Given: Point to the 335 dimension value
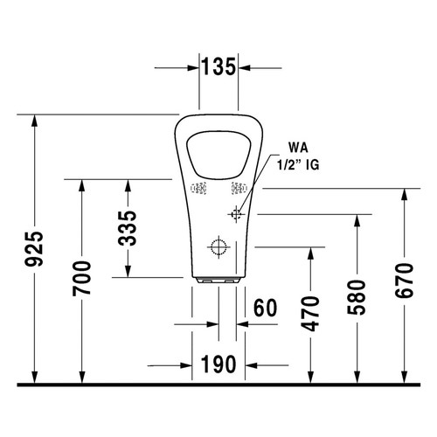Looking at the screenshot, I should click(x=128, y=229).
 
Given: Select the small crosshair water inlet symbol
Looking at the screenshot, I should click(x=237, y=213).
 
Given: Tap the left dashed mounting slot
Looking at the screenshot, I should click(x=198, y=187).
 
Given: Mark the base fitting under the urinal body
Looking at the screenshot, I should click(x=217, y=281).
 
